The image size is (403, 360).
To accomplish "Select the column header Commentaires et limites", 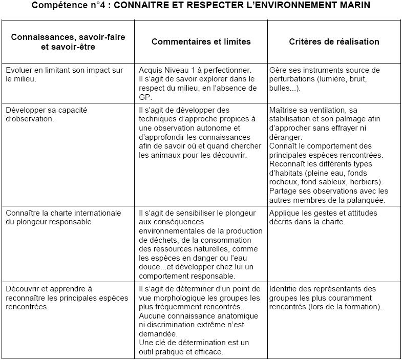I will coord(201,41).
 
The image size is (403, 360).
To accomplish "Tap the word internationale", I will coord(97,213).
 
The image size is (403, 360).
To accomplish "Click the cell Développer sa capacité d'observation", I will coord(36,114).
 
